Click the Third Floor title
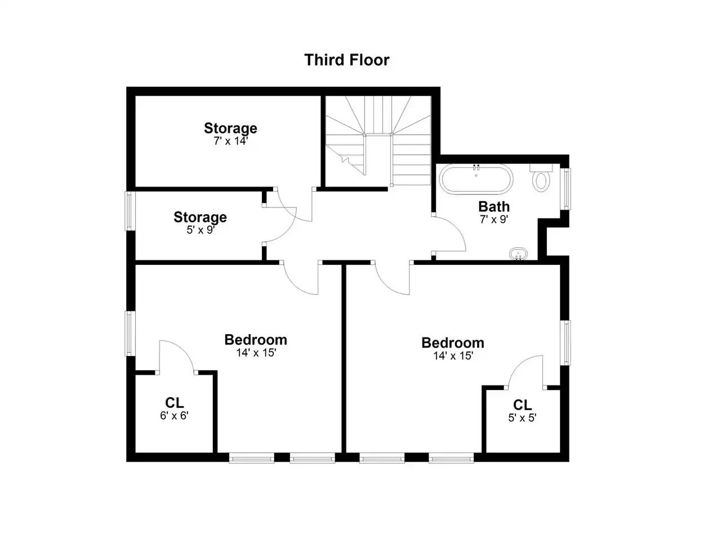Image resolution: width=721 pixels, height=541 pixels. pyautogui.click(x=346, y=60)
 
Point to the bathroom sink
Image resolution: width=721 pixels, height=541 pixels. pyautogui.click(x=518, y=254)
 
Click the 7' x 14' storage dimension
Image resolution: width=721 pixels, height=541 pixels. pyautogui.click(x=230, y=141)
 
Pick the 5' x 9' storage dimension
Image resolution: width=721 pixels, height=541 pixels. pyautogui.click(x=201, y=230)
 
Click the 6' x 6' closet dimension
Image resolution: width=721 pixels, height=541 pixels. pyautogui.click(x=174, y=416)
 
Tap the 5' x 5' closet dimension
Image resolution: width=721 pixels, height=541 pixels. pyautogui.click(x=522, y=418)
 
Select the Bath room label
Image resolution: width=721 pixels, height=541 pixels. pyautogui.click(x=493, y=207)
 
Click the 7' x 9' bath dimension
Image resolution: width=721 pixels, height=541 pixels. pyautogui.click(x=493, y=219)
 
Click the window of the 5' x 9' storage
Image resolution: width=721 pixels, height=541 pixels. pyautogui.click(x=130, y=211)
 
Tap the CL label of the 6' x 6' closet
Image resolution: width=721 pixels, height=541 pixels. pyautogui.click(x=174, y=403)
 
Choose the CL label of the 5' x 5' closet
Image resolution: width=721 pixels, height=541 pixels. pyautogui.click(x=522, y=405)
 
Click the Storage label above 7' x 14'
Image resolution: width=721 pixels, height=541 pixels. pyautogui.click(x=230, y=128)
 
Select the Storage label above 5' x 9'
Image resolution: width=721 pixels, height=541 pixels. pyautogui.click(x=201, y=217)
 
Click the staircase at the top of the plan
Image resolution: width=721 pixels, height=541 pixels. pyautogui.click(x=378, y=140)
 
